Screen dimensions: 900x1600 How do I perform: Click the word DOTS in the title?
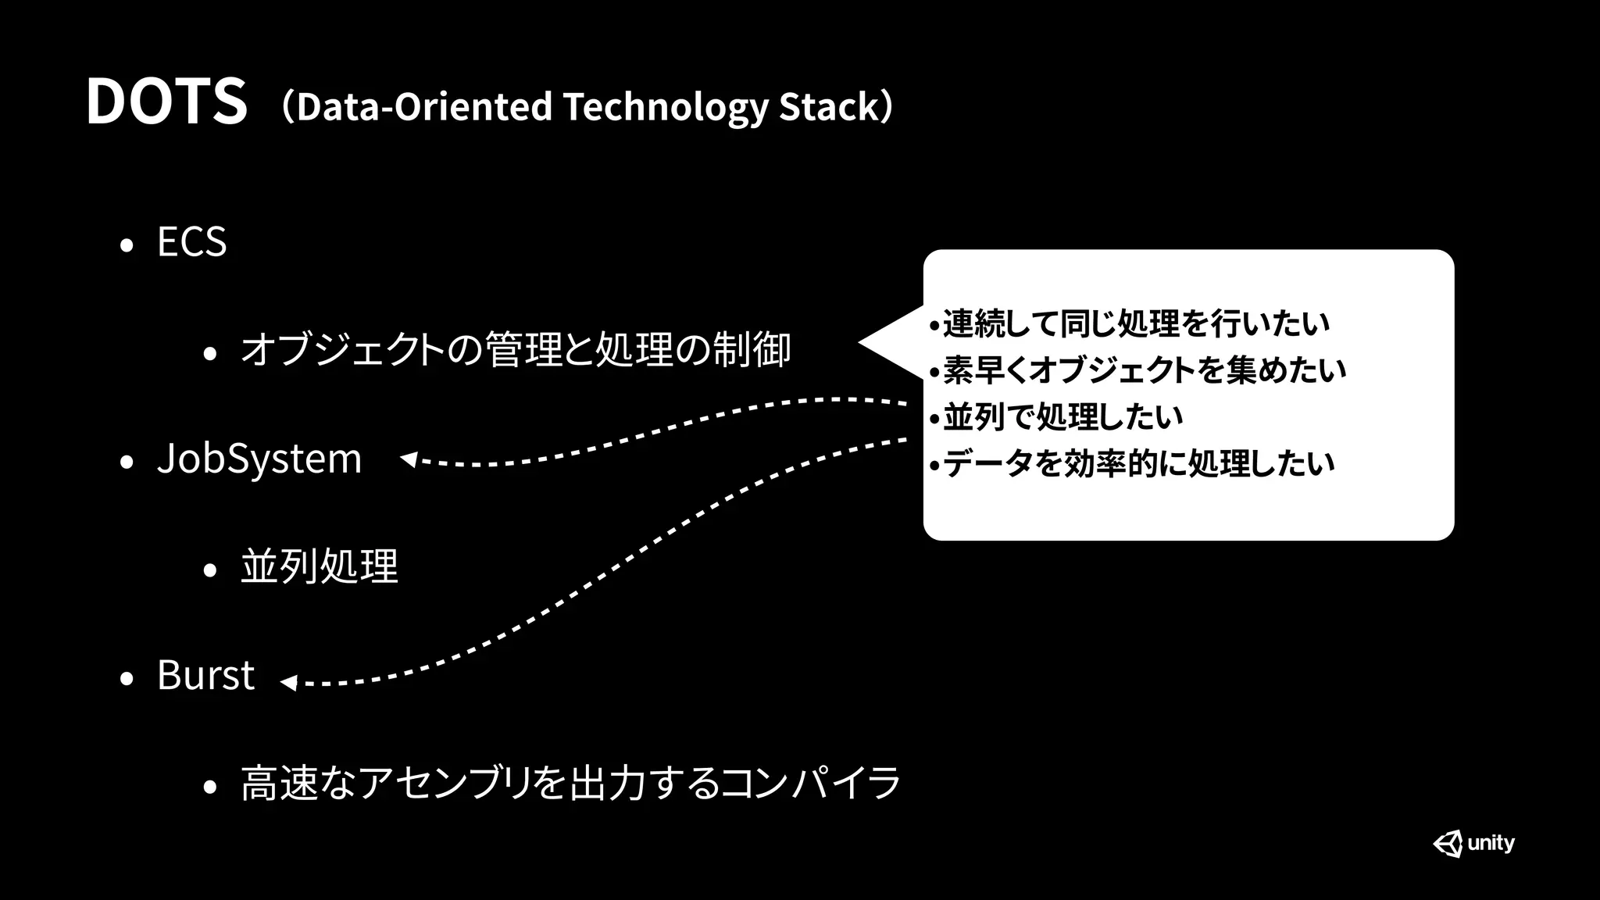coord(166,102)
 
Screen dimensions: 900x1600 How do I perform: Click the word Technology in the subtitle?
coord(665,107)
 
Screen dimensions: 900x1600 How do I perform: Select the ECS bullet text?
coord(191,241)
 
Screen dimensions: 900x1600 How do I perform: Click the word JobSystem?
coord(259,459)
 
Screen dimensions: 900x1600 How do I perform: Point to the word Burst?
coord(205,675)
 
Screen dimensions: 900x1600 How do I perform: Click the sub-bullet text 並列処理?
coord(320,566)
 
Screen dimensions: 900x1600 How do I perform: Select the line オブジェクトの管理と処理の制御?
coord(516,349)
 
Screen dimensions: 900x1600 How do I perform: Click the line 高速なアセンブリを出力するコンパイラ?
coord(571,783)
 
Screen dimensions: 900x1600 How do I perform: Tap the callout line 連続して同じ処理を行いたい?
coord(1136,323)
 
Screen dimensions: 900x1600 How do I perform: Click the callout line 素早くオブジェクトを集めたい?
coord(1145,370)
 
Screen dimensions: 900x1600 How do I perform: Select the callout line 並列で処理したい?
coord(1062,417)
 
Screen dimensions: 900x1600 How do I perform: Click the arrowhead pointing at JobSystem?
coord(409,459)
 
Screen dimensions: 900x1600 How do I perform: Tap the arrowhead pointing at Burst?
coord(288,683)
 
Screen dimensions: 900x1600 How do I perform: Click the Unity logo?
coord(1473,844)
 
